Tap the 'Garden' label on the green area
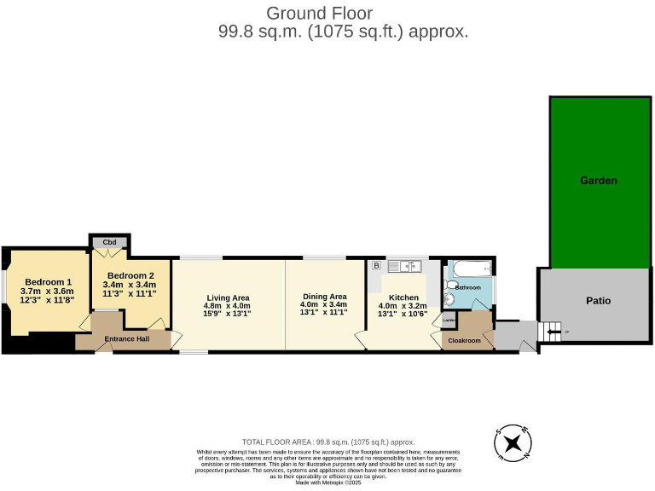598,181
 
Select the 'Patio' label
598,300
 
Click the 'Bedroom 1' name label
48,282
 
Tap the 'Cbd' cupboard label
109,243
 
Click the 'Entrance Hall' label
126,339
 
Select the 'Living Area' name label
227,297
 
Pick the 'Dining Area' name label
323,296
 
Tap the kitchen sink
405,267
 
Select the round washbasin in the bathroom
449,299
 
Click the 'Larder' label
449,320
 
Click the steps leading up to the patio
552,330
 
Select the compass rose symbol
513,442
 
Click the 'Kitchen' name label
403,297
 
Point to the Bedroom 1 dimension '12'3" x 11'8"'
48,299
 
